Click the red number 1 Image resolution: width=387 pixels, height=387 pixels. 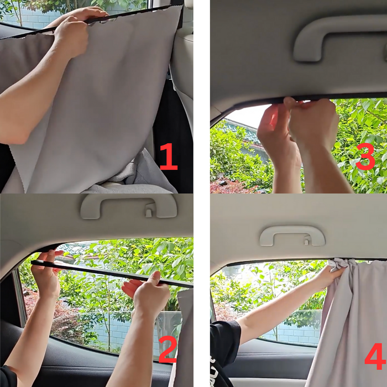coord(169,156)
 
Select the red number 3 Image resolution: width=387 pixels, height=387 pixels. coord(365,156)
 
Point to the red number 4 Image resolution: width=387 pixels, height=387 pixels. coord(375,356)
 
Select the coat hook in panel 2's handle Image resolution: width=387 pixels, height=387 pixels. coord(149,210)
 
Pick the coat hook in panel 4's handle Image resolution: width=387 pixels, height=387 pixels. coord(306,240)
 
